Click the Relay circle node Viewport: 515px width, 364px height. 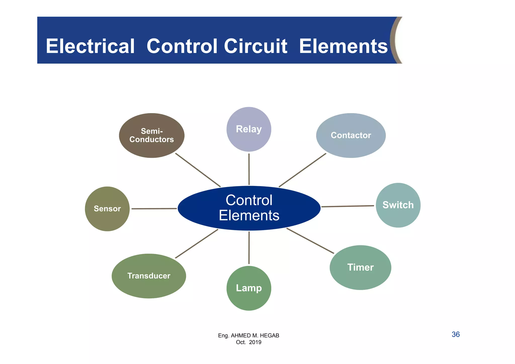click(x=249, y=129)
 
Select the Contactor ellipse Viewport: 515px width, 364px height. click(x=351, y=135)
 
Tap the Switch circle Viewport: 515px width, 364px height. click(x=398, y=205)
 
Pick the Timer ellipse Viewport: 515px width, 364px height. click(x=360, y=267)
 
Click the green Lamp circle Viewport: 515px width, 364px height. click(x=249, y=288)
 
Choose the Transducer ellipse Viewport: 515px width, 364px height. click(x=149, y=276)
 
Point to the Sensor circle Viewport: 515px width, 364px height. click(x=107, y=209)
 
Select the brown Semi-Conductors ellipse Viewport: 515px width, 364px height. click(x=152, y=135)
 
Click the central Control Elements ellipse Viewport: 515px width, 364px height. click(x=249, y=208)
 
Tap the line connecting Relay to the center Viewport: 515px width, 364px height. click(x=249, y=169)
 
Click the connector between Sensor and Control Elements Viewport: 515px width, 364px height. click(x=154, y=209)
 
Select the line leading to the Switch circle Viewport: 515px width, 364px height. click(x=348, y=206)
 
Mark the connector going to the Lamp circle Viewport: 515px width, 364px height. click(x=249, y=248)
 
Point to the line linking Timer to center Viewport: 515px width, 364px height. click(x=310, y=241)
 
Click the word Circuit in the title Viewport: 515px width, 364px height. click(x=255, y=46)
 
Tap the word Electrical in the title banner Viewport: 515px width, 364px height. click(x=90, y=46)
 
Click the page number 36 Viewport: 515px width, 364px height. click(x=456, y=334)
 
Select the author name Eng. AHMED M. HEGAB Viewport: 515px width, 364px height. click(x=248, y=336)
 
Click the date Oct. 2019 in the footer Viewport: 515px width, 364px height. click(x=248, y=342)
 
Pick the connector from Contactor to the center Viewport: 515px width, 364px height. click(x=302, y=170)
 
